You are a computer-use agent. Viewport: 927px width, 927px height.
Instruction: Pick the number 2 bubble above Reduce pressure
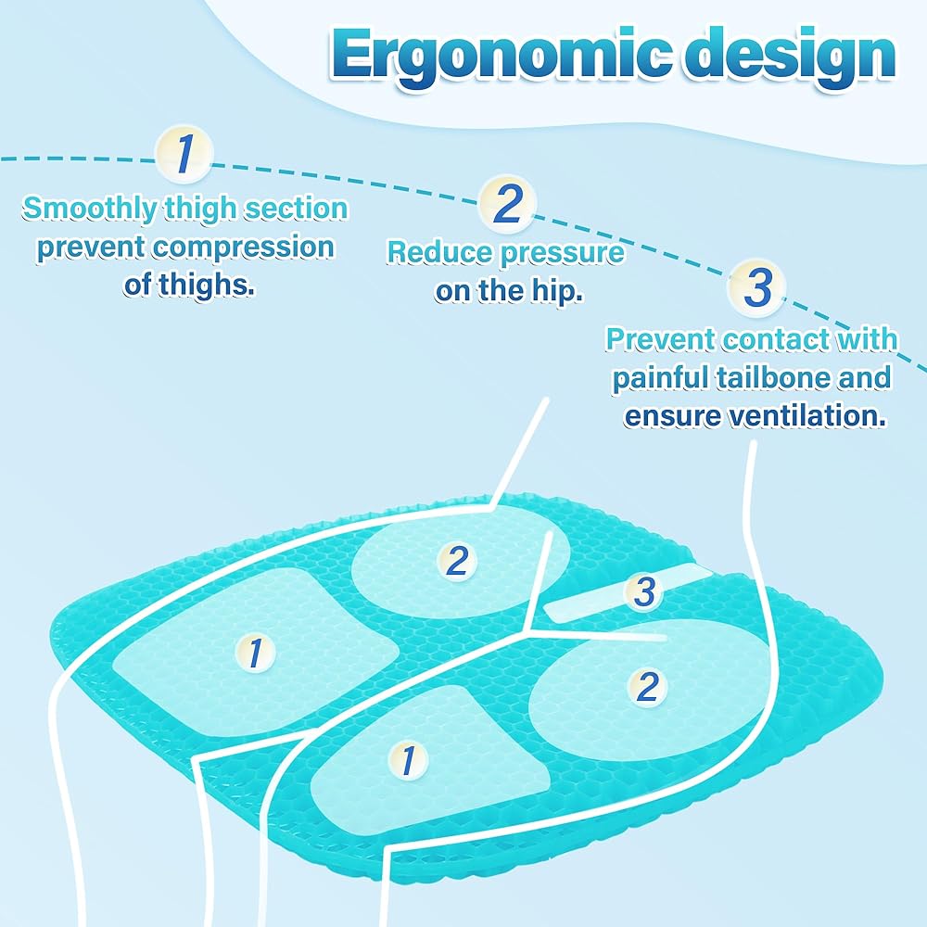click(x=506, y=205)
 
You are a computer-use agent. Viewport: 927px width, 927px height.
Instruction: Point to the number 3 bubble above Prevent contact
click(x=757, y=288)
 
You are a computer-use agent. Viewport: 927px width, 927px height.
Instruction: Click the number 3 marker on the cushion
click(x=644, y=592)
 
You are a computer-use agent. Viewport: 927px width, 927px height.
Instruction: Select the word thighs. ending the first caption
click(x=189, y=286)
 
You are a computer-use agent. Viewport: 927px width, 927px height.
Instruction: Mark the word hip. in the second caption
click(x=556, y=291)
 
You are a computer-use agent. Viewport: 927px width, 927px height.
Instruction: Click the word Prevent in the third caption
click(x=662, y=339)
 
